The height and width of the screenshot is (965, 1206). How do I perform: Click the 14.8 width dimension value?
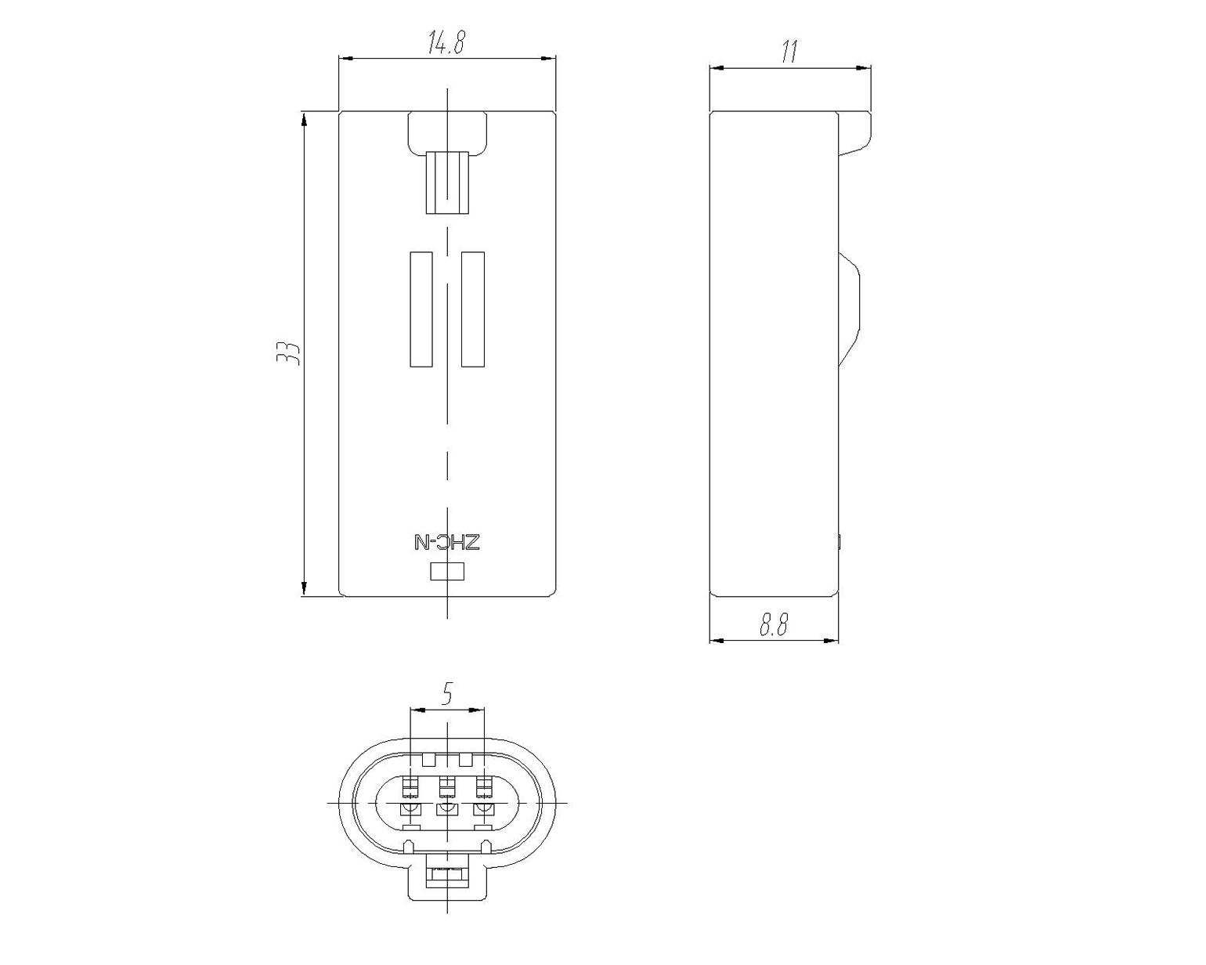(x=446, y=42)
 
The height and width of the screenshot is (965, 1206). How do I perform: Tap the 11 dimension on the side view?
(x=789, y=51)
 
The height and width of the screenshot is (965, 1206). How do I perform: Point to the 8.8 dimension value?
(x=774, y=624)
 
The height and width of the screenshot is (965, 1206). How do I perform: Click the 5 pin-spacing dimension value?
(x=446, y=694)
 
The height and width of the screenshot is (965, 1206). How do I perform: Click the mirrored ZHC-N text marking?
(x=447, y=543)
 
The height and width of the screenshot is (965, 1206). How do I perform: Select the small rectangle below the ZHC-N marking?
(x=447, y=572)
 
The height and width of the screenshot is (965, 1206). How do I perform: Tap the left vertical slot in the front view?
(x=421, y=309)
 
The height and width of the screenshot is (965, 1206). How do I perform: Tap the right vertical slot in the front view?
(x=472, y=309)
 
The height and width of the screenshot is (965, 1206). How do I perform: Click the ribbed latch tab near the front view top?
(x=447, y=183)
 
